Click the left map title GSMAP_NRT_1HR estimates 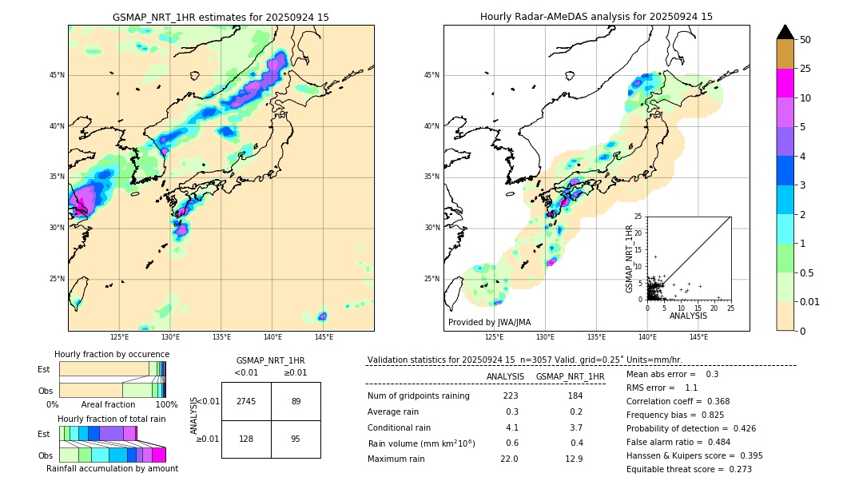coord(221,17)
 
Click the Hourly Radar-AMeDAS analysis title coord(596,17)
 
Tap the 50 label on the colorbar coord(805,40)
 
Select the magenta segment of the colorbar coord(785,83)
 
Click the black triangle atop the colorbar coord(785,32)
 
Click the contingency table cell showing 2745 coord(246,401)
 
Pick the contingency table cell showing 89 coord(296,401)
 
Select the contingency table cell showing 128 coord(246,439)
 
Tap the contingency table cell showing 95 coord(296,439)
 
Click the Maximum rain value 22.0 coord(509,459)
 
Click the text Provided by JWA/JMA coord(489,323)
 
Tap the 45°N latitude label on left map coord(57,75)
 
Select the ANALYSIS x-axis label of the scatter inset coord(688,316)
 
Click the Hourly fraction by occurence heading coord(112,354)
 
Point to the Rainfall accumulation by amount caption coord(112,468)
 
